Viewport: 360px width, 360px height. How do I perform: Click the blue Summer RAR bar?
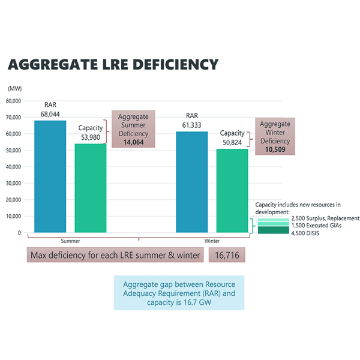(x=50, y=176)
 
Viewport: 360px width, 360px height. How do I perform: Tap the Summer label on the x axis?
(x=70, y=241)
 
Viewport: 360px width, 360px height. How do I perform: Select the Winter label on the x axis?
(x=212, y=241)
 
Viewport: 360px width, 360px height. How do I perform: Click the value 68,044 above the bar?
(x=50, y=113)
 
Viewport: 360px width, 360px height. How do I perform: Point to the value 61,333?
(x=192, y=125)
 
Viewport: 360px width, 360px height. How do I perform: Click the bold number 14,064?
(x=133, y=142)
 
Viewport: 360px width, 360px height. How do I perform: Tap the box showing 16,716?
(x=227, y=256)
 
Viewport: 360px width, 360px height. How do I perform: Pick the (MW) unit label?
(x=14, y=88)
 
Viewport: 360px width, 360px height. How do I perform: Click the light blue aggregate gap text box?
(x=179, y=293)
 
